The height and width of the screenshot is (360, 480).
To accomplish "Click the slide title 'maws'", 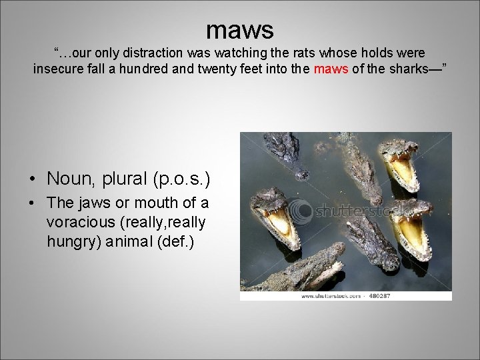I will pyautogui.click(x=240, y=29).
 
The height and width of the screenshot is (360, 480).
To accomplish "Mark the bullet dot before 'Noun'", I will pyautogui.click(x=32, y=179).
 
